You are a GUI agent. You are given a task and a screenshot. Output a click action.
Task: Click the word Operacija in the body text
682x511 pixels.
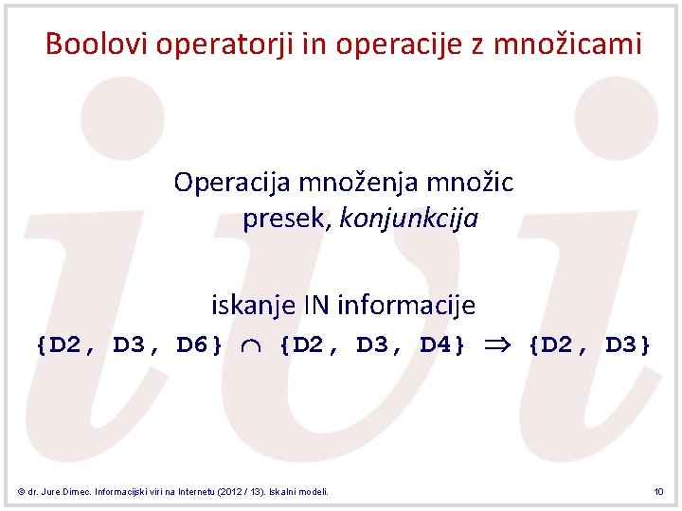[x=233, y=182]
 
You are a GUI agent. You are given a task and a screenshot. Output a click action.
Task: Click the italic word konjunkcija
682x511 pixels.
[x=409, y=220]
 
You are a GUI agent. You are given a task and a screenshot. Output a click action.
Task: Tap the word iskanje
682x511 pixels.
[x=252, y=306]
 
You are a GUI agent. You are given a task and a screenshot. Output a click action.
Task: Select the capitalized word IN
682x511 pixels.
[x=315, y=306]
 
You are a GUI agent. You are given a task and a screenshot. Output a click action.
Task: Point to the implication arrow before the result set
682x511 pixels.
[x=497, y=345]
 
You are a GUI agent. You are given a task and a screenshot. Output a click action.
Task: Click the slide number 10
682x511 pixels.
[x=658, y=492]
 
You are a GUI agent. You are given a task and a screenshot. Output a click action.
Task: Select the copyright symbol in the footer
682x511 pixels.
[x=21, y=492]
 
